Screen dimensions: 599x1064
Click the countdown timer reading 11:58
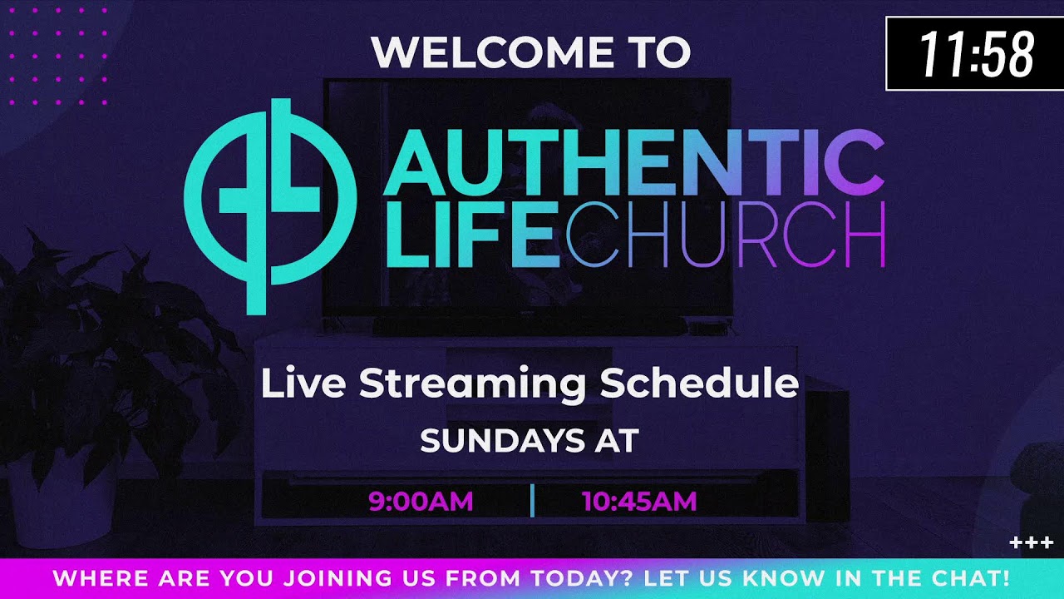(974, 55)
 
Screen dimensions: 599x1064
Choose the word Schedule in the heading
(698, 384)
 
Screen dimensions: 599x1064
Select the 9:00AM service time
(421, 501)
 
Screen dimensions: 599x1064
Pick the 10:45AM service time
(638, 501)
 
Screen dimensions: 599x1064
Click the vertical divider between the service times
(532, 501)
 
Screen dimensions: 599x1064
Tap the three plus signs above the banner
(1031, 543)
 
